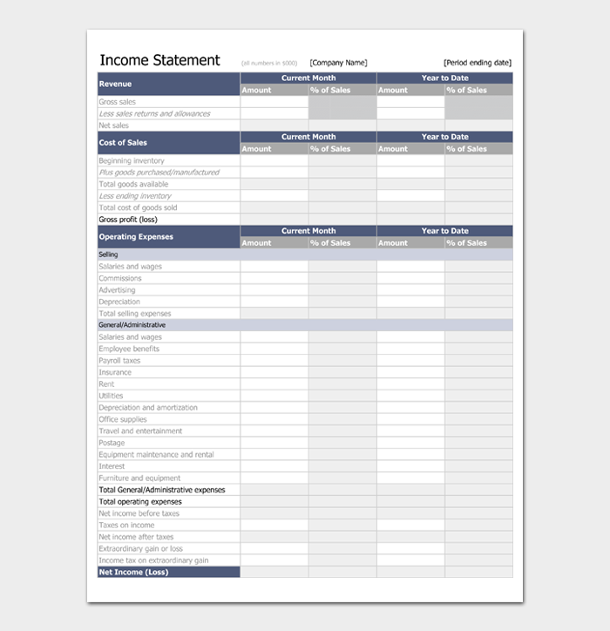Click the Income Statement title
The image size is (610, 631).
pyautogui.click(x=159, y=60)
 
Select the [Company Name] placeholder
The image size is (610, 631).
pyautogui.click(x=338, y=63)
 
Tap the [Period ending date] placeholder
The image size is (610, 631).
pyautogui.click(x=477, y=63)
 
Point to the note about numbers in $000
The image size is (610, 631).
pyautogui.click(x=269, y=64)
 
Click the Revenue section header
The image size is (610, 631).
pyautogui.click(x=116, y=84)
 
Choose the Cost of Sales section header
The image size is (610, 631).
pyautogui.click(x=123, y=143)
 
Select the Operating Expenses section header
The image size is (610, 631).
pyautogui.click(x=136, y=237)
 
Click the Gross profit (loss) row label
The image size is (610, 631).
pyautogui.click(x=129, y=220)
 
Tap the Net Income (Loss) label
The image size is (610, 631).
pyautogui.click(x=133, y=573)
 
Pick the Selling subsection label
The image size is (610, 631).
pyautogui.click(x=108, y=254)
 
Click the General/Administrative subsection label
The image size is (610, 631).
pyautogui.click(x=132, y=325)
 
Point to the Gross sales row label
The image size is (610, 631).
pyautogui.click(x=118, y=102)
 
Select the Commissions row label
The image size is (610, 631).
pyautogui.click(x=120, y=278)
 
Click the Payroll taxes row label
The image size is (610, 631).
pyautogui.click(x=119, y=361)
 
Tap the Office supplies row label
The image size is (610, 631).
pyautogui.click(x=123, y=419)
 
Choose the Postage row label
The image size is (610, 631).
pyautogui.click(x=112, y=443)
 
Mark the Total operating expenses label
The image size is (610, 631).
pyautogui.click(x=140, y=502)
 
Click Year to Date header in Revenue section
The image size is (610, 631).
pyautogui.click(x=444, y=78)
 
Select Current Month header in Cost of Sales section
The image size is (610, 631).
pyautogui.click(x=308, y=137)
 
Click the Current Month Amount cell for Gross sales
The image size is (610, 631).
pyautogui.click(x=274, y=102)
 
